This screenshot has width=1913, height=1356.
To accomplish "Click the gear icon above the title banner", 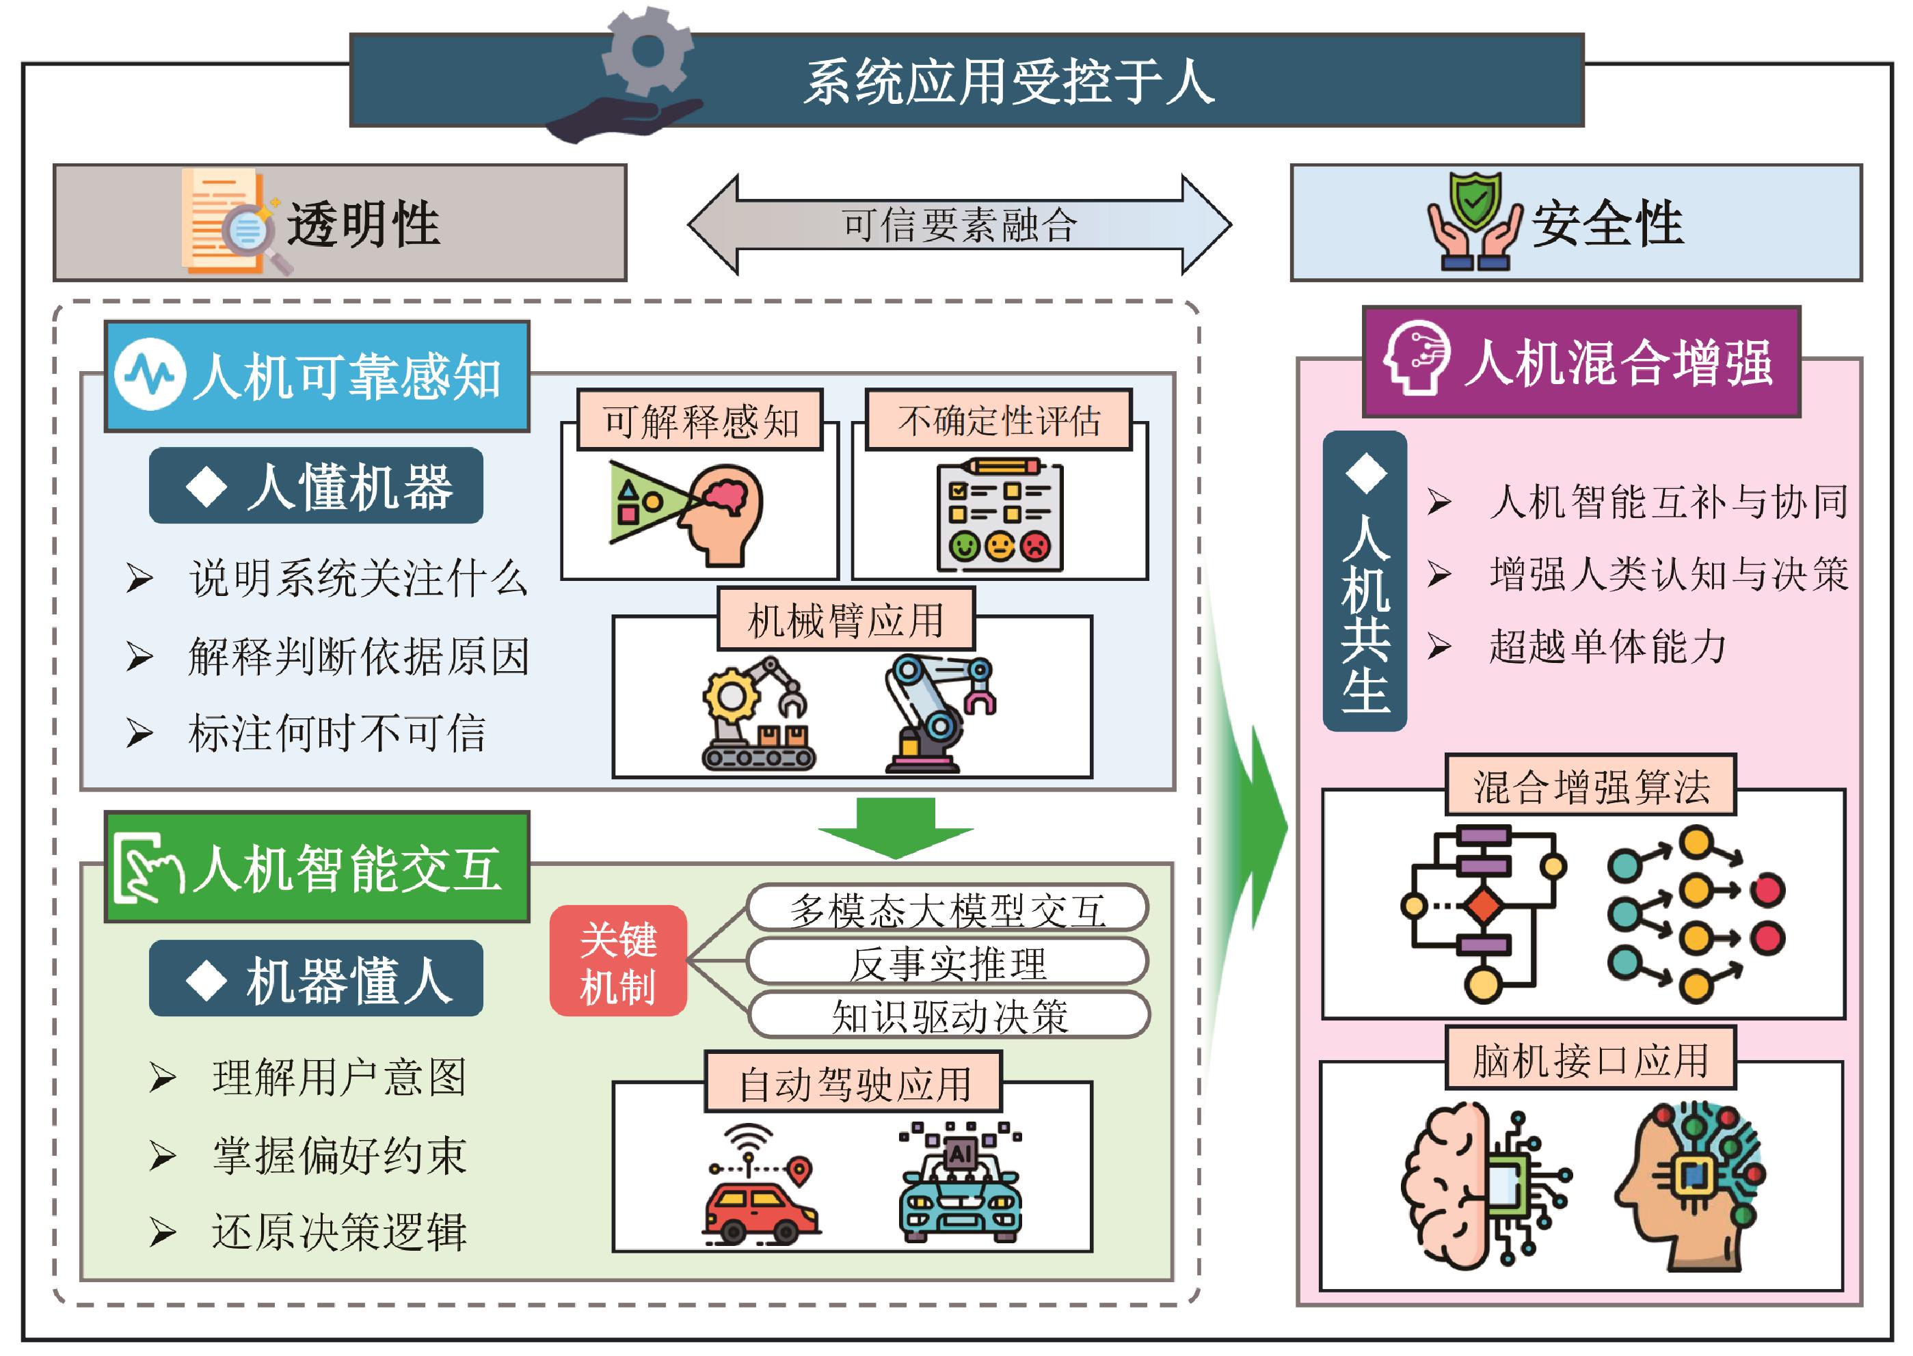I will (648, 52).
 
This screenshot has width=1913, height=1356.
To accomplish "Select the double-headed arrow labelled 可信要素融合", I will (959, 223).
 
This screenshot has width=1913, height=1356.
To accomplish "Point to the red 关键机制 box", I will (618, 961).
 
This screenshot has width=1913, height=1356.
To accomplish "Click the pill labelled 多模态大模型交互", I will (948, 908).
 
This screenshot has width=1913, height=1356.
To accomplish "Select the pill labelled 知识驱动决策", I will (950, 1016).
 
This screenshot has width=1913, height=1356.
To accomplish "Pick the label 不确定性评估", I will (999, 420).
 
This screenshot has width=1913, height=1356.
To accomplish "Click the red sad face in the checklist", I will (1035, 547).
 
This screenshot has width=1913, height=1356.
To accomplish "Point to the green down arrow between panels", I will (895, 826).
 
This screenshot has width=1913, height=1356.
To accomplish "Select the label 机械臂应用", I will (846, 619).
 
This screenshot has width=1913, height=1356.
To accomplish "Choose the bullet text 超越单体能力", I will (1607, 645).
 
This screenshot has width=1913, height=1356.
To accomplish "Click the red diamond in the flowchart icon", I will (1483, 905).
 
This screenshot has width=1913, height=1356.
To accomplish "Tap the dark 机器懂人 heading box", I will (316, 978).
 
